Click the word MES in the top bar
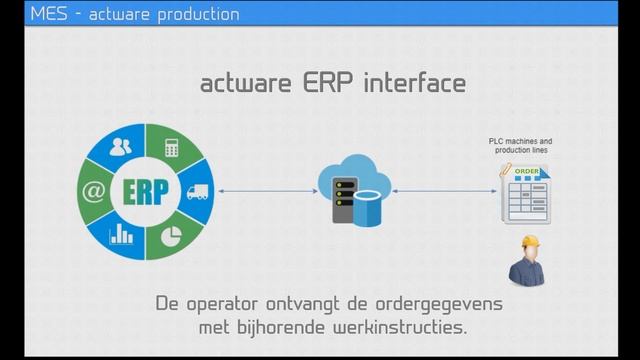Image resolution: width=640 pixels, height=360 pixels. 46,14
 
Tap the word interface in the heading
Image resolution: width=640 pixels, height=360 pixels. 413,83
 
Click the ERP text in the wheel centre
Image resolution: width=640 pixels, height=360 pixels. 147,190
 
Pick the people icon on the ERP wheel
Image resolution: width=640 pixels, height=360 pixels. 121,147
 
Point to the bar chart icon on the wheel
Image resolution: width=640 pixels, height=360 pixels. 122,235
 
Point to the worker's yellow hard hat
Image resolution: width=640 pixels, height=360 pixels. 528,245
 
